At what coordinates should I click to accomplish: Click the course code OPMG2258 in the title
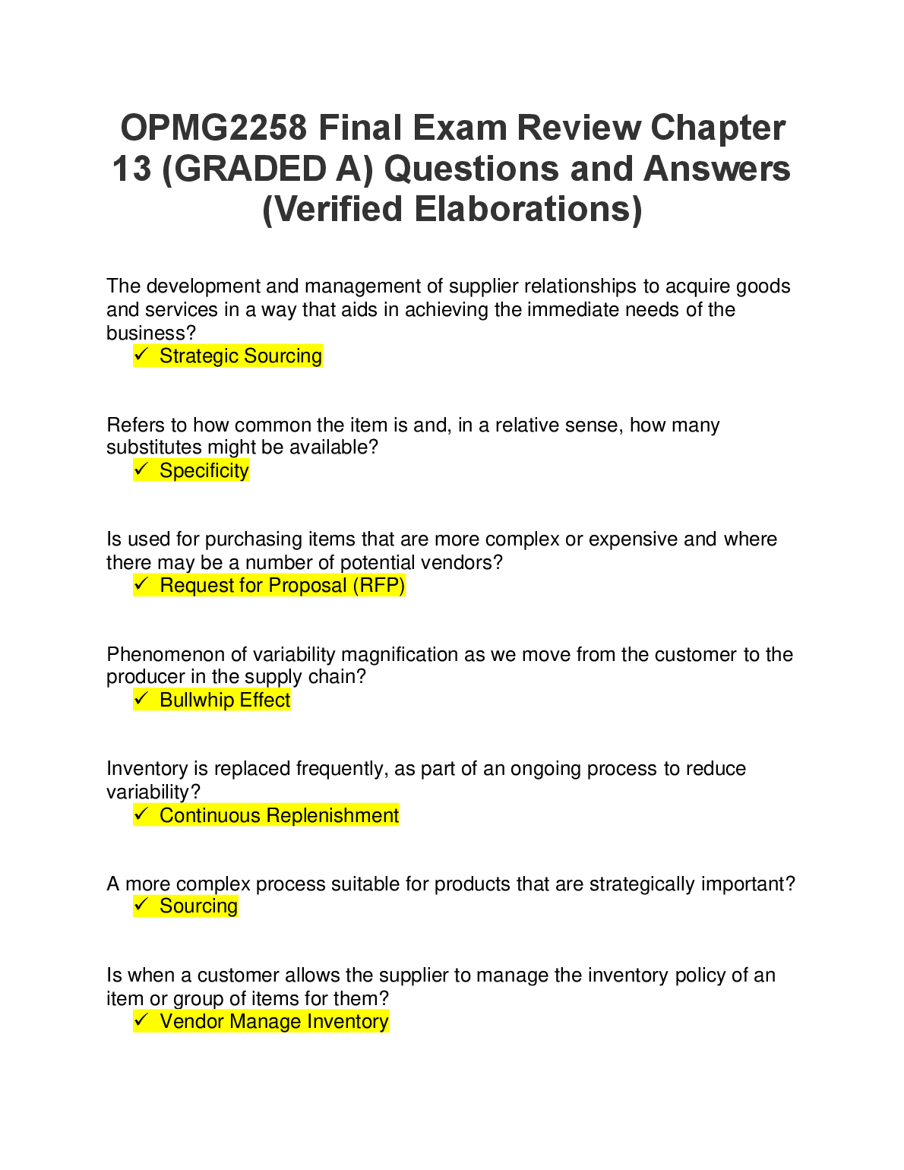(x=214, y=128)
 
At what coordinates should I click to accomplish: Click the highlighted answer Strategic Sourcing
(x=240, y=356)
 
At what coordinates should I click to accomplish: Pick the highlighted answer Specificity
(x=204, y=470)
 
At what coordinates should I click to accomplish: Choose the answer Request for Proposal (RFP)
(x=282, y=585)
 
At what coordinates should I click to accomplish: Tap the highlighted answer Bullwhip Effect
(x=225, y=700)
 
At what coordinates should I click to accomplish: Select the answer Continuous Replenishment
(x=279, y=815)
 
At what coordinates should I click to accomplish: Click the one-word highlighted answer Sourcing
(x=198, y=906)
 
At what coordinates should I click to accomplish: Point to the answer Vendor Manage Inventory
(x=273, y=1021)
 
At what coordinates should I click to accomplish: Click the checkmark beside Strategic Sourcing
(x=141, y=355)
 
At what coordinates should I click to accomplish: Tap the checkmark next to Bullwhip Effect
(x=141, y=699)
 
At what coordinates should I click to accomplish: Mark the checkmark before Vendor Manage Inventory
(x=141, y=1020)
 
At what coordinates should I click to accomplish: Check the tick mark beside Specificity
(x=141, y=470)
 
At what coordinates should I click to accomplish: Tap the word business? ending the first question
(x=151, y=333)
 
